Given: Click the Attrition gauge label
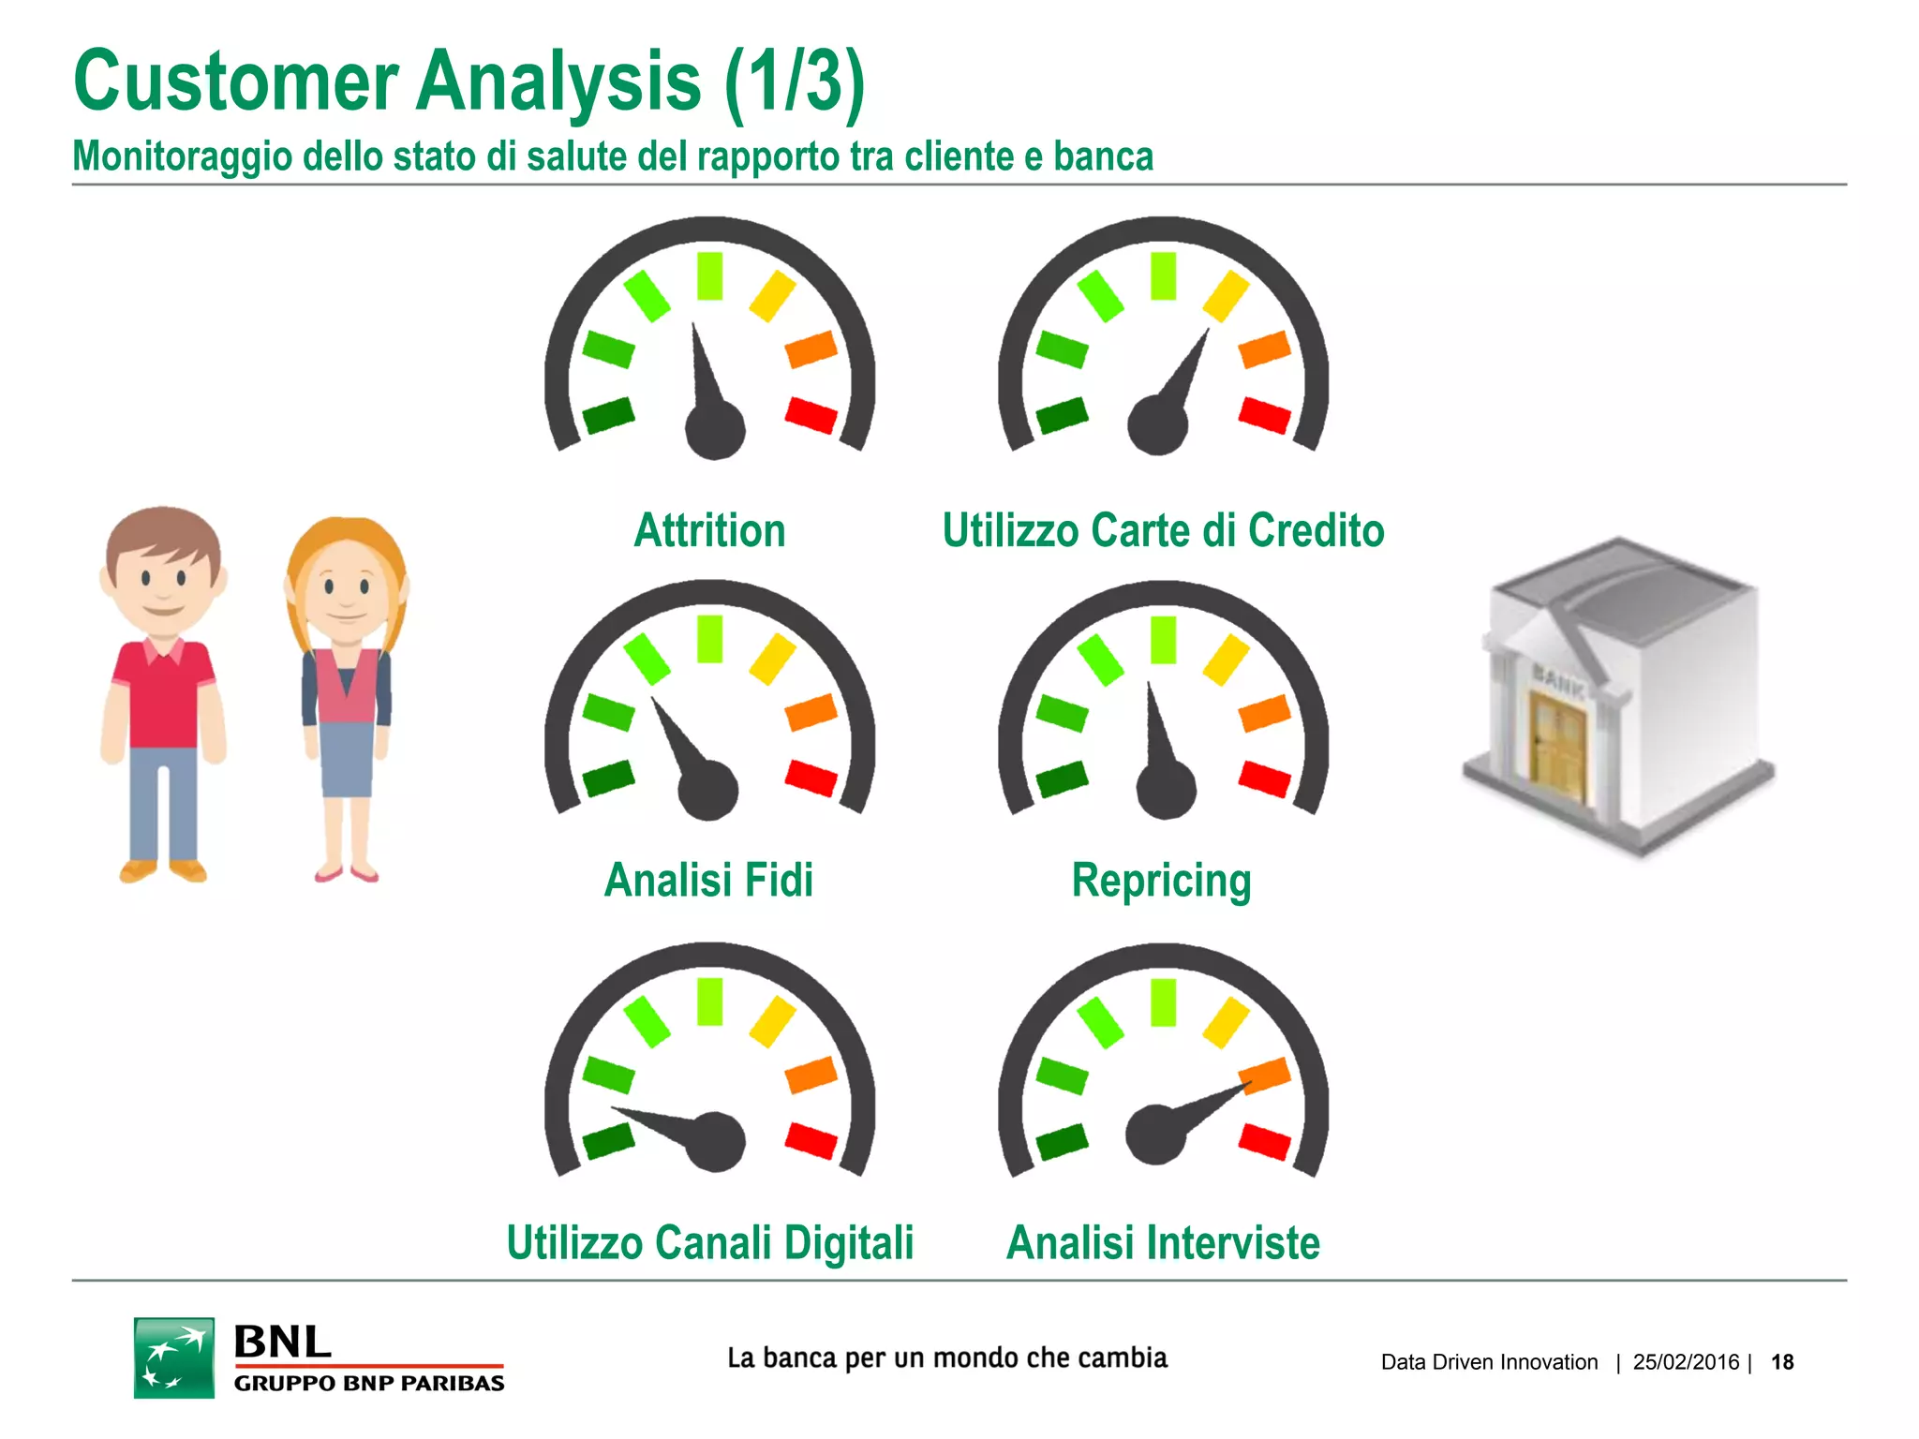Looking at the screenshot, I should [x=709, y=530].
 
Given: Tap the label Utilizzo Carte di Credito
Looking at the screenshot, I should [x=1163, y=530].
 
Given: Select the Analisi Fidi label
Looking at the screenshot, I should [x=708, y=881].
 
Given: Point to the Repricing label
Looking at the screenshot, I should [x=1161, y=881].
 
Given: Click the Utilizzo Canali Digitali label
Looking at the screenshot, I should [x=709, y=1243].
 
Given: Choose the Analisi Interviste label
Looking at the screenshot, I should [x=1163, y=1243].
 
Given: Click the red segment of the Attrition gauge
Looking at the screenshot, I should [x=811, y=414].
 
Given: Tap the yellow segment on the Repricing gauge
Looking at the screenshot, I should [x=1226, y=659].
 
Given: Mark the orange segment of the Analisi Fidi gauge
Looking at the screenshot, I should [x=811, y=712].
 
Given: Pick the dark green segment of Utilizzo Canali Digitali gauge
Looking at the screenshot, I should [x=608, y=1140].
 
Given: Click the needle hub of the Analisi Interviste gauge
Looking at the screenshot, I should [x=1155, y=1135].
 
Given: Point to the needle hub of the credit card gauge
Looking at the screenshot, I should [x=1157, y=424].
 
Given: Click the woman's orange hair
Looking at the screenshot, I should [x=346, y=538].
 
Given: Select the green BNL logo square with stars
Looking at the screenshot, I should [x=174, y=1357].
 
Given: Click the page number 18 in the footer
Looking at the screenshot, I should [x=1782, y=1362].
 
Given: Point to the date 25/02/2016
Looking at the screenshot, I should [x=1686, y=1362].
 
